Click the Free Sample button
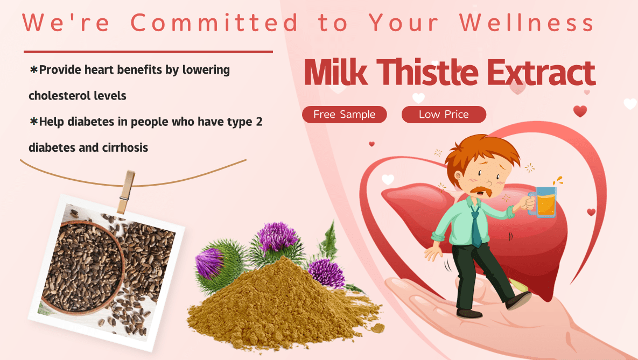[x=344, y=115]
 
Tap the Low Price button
[x=444, y=115]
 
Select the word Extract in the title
[x=541, y=73]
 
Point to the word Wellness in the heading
[x=527, y=23]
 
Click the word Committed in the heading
[x=214, y=23]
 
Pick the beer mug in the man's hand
[x=544, y=201]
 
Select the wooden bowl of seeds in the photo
[x=83, y=266]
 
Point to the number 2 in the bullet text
[x=259, y=122]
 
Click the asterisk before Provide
[x=34, y=69]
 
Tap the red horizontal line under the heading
[x=148, y=52]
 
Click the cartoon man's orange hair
[x=482, y=152]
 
